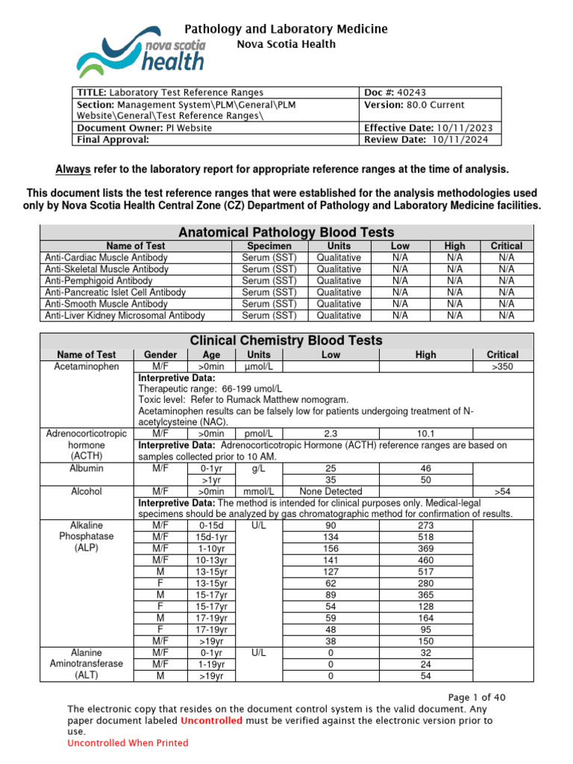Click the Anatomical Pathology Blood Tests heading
[287, 232]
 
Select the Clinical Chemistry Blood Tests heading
[286, 340]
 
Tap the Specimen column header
[269, 245]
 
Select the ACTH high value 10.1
[425, 433]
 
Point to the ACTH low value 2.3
[331, 433]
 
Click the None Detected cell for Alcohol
[331, 492]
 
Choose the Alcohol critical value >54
[507, 492]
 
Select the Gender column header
[160, 354]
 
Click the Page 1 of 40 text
[477, 698]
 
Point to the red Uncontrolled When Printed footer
[128, 743]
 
